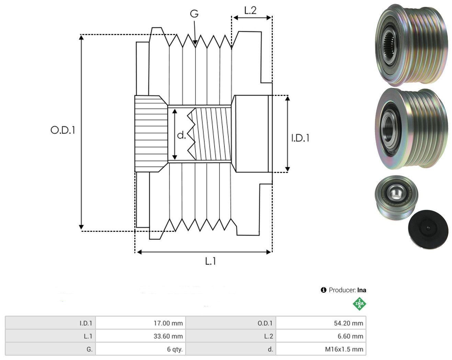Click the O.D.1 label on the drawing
point(63,130)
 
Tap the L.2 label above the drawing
point(250,10)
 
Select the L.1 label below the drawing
point(211,261)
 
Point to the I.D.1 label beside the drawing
point(300,138)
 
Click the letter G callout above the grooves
point(194,14)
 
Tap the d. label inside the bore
point(182,135)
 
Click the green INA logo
point(359,304)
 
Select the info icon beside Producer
point(324,290)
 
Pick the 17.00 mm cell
point(140,323)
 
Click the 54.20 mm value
point(349,323)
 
